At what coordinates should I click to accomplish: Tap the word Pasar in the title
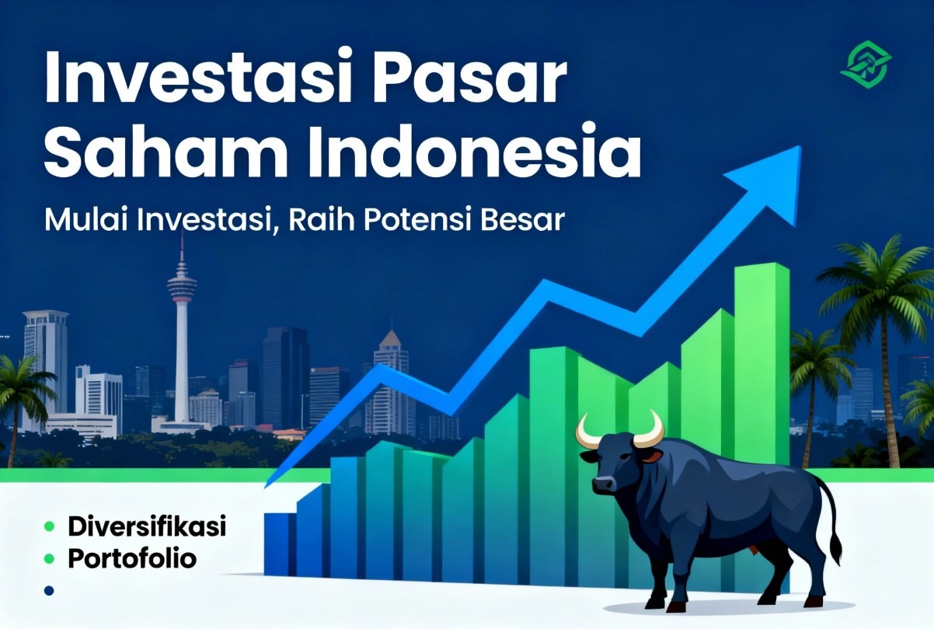tap(469, 77)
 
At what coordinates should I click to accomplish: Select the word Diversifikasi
tap(147, 526)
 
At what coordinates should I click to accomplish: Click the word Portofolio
tap(132, 558)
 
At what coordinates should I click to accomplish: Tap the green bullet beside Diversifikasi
tap(49, 527)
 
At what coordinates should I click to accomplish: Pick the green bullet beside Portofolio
tap(49, 558)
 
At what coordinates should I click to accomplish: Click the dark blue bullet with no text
tap(49, 591)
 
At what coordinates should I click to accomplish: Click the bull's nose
tap(603, 484)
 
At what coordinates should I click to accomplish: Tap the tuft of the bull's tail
tap(835, 551)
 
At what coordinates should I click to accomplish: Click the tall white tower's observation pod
tap(182, 285)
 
